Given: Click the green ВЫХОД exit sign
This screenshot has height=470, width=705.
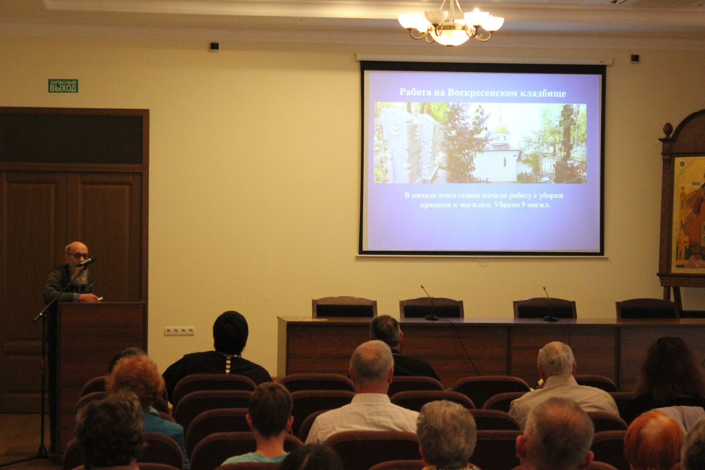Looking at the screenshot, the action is [x=63, y=86].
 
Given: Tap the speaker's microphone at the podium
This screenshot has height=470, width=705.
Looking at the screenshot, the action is [x=86, y=261].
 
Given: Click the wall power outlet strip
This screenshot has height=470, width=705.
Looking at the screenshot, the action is [x=179, y=331].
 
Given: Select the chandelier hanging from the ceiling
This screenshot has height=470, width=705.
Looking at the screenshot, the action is [x=451, y=23].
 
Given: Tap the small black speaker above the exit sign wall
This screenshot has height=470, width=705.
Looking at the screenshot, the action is [x=214, y=46].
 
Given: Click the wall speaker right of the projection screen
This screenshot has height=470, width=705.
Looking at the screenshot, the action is [x=634, y=58].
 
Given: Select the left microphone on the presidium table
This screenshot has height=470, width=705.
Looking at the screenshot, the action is [x=429, y=303].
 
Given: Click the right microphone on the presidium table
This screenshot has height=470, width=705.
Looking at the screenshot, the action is [x=550, y=304].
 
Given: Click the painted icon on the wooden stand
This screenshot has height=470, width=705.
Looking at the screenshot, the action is [x=689, y=214].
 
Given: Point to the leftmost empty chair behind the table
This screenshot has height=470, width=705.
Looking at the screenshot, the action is [x=344, y=307].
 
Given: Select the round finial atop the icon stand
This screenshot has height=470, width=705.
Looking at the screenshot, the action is [x=667, y=129].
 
